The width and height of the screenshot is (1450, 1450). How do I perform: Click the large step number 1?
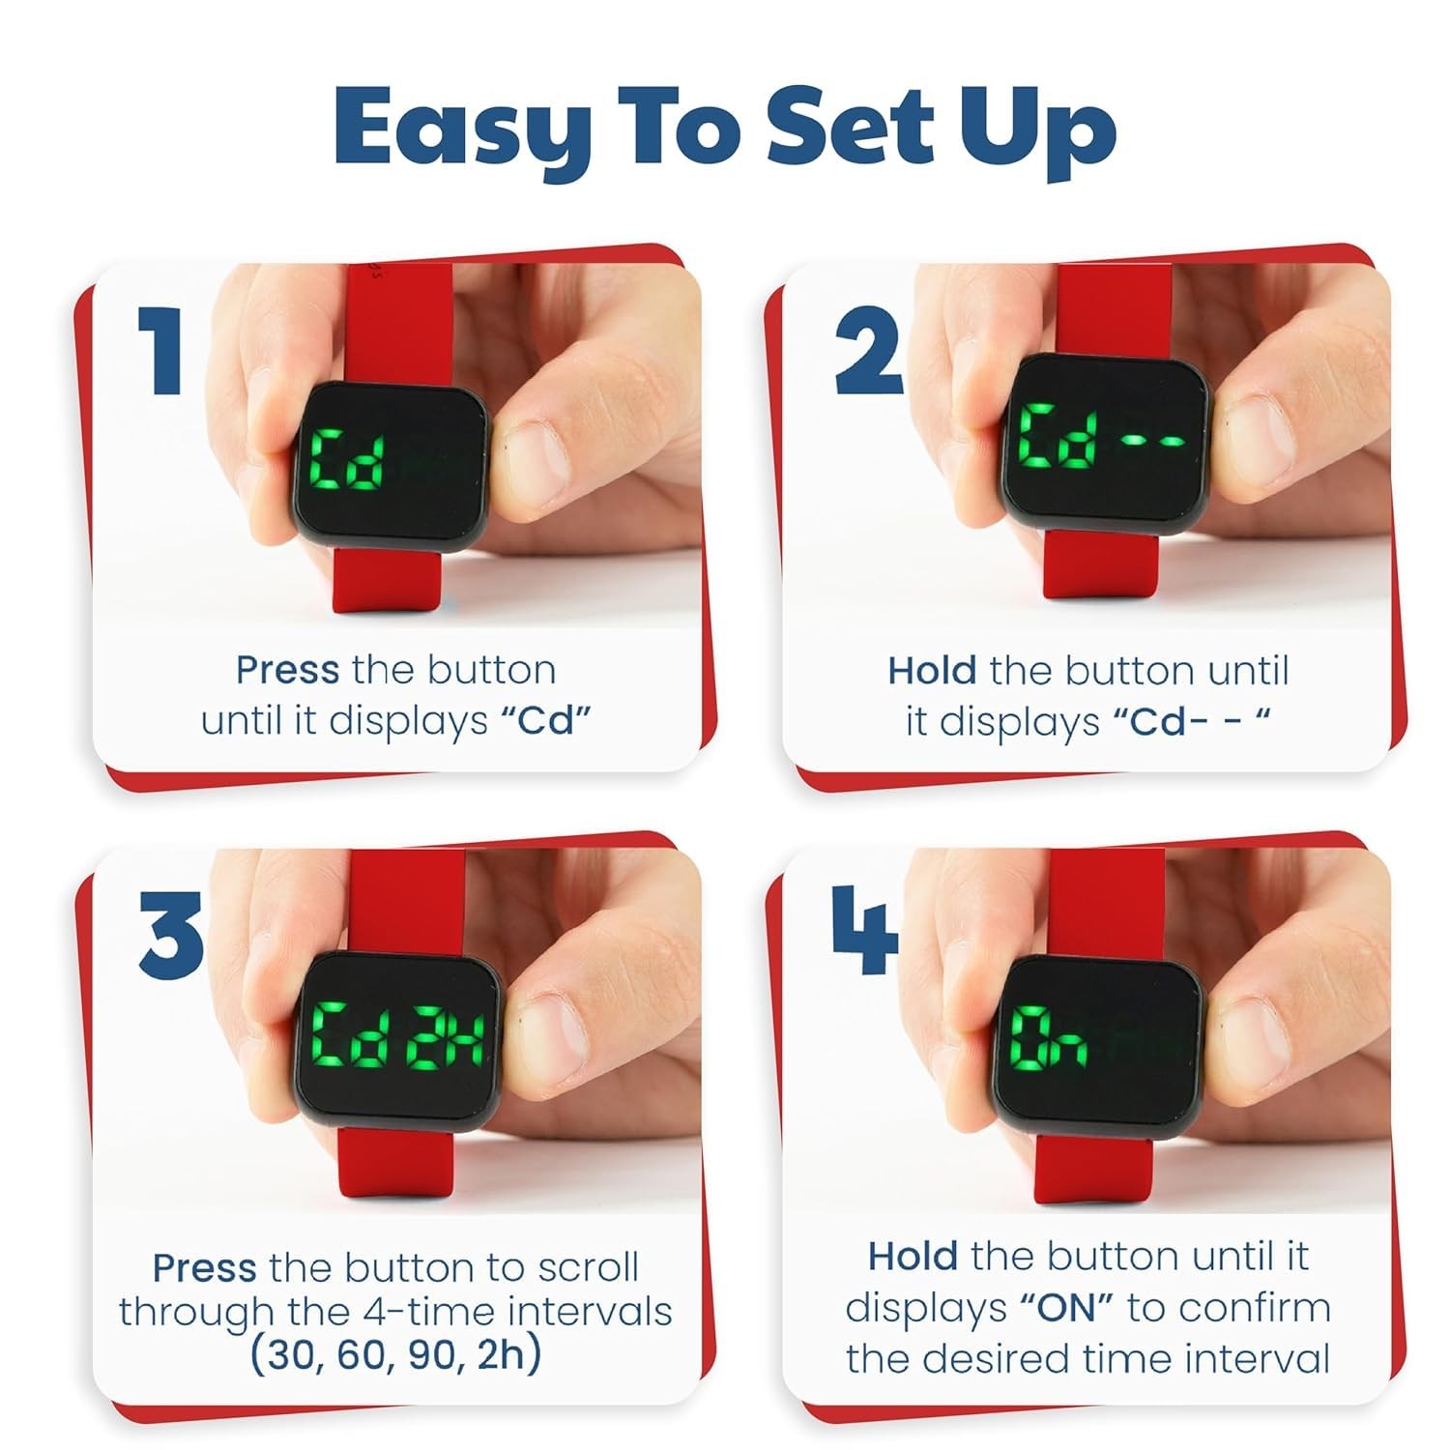point(159,349)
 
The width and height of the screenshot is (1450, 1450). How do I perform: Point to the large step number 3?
point(171,934)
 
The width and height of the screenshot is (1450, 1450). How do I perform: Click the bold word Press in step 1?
point(287,670)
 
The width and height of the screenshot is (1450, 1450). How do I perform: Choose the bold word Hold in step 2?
point(932,670)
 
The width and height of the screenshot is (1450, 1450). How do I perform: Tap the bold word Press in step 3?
point(204,1267)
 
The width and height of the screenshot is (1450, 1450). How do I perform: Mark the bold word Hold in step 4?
point(913,1257)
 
